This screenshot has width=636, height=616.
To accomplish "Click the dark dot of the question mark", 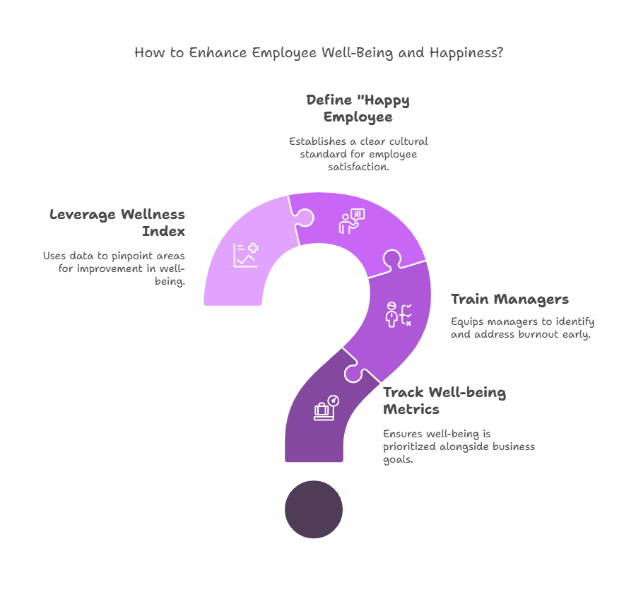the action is tap(314, 509).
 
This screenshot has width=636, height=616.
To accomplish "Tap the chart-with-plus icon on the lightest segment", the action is tap(246, 255).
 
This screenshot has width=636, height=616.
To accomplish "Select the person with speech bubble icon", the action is tap(352, 221).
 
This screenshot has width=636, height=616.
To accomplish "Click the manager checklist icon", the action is tap(399, 314).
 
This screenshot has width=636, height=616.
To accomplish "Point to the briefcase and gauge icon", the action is tap(326, 408).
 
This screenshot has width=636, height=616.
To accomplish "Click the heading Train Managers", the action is tap(510, 300).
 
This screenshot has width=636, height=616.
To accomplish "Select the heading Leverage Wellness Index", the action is tap(117, 223).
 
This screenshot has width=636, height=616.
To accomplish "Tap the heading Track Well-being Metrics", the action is tap(444, 401).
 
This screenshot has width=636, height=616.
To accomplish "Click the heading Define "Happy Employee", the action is tap(358, 108).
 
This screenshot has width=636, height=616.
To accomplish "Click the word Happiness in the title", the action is tap(466, 53).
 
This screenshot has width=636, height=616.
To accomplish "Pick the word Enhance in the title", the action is tap(218, 53).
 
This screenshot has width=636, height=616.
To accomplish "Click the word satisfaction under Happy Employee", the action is tap(358, 167).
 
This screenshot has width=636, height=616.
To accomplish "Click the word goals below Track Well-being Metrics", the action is tap(398, 460).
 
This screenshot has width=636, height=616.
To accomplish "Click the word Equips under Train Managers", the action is tap(467, 322).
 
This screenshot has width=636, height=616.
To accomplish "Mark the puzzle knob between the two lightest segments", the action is tap(304, 217).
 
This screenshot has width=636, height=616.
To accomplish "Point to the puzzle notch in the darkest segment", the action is tap(354, 373).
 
